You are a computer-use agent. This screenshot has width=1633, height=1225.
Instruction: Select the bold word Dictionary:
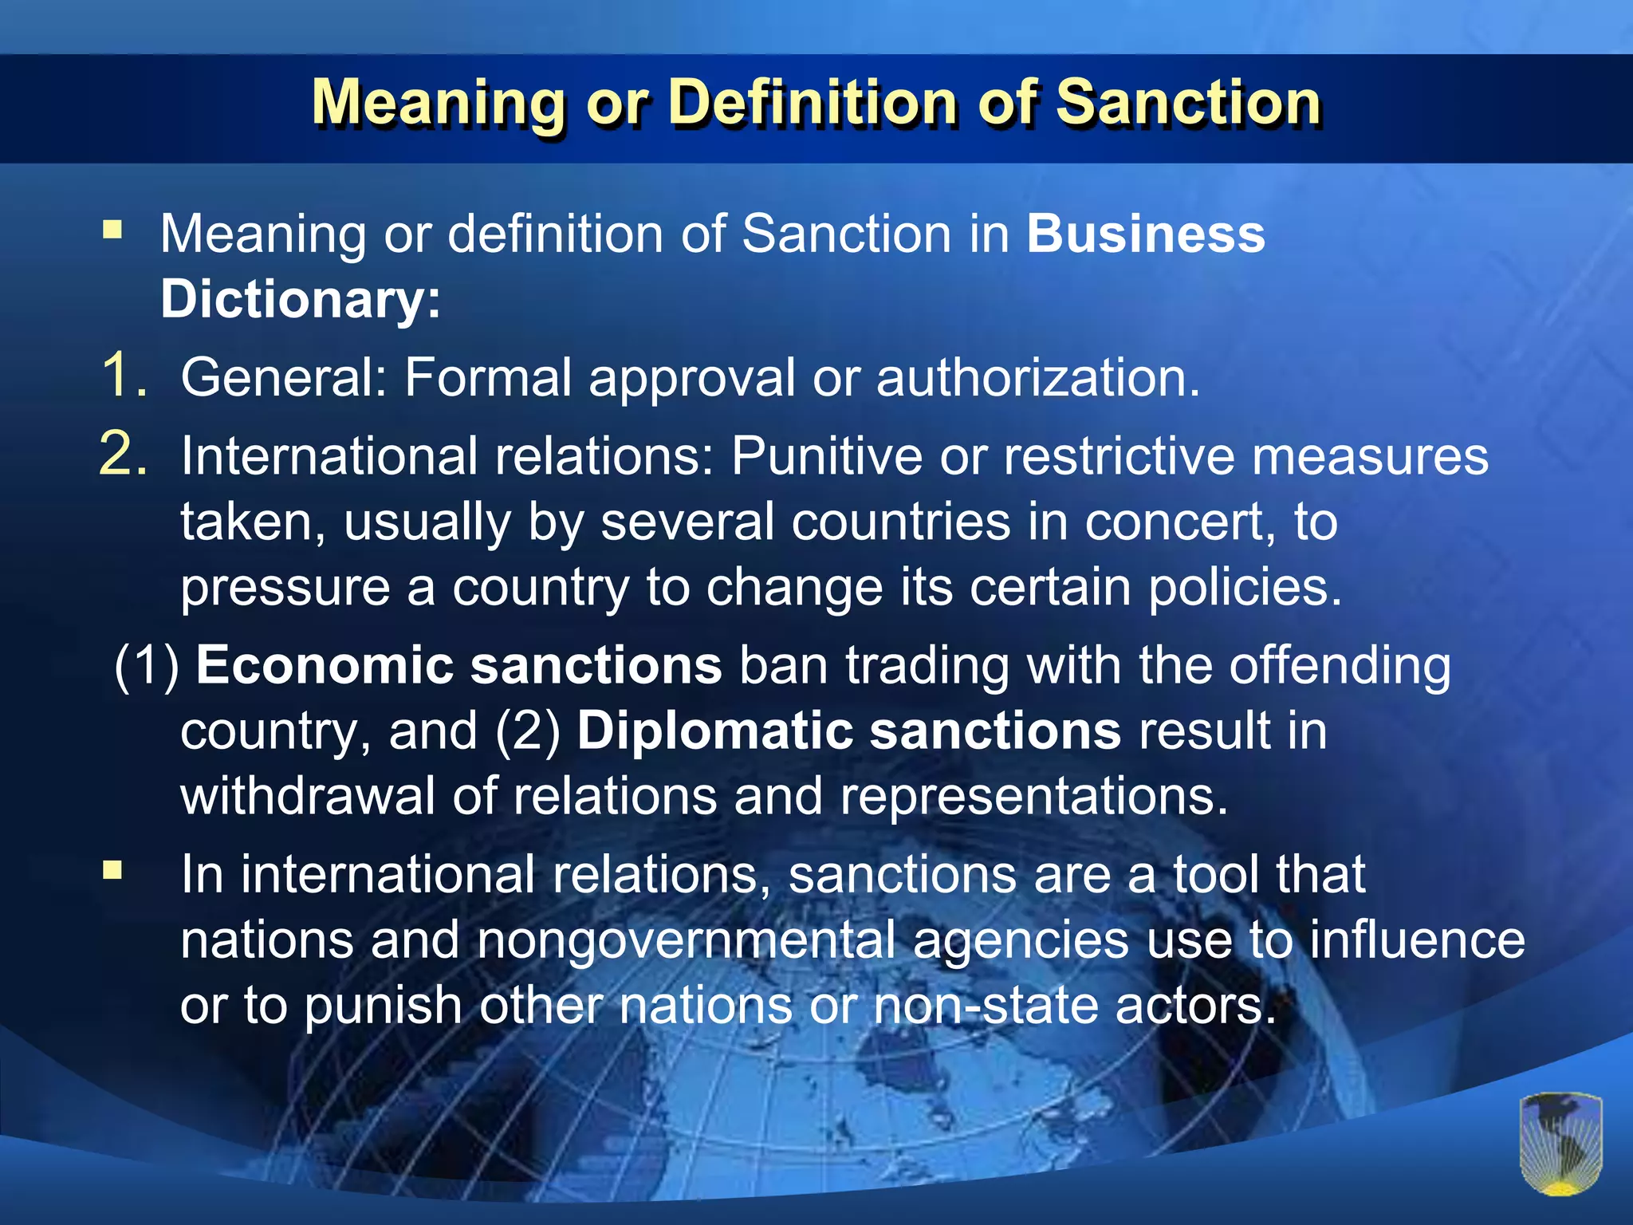tap(301, 299)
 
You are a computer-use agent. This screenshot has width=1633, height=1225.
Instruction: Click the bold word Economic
tap(324, 665)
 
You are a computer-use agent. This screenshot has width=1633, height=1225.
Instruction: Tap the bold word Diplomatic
tap(714, 731)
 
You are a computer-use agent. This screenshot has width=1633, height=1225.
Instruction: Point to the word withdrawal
tap(308, 796)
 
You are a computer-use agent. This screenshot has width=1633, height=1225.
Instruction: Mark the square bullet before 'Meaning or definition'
tap(112, 231)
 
